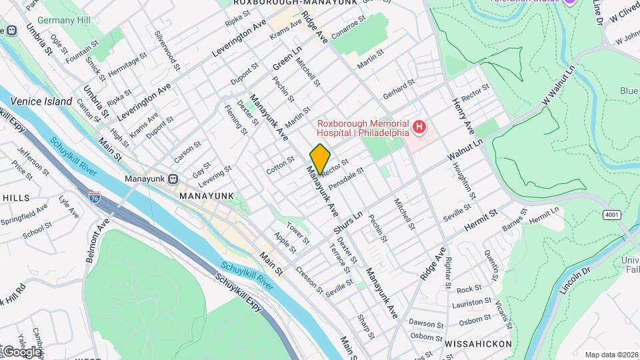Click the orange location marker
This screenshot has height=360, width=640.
click(x=320, y=159)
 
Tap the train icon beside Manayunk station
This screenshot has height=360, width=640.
click(x=173, y=179)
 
